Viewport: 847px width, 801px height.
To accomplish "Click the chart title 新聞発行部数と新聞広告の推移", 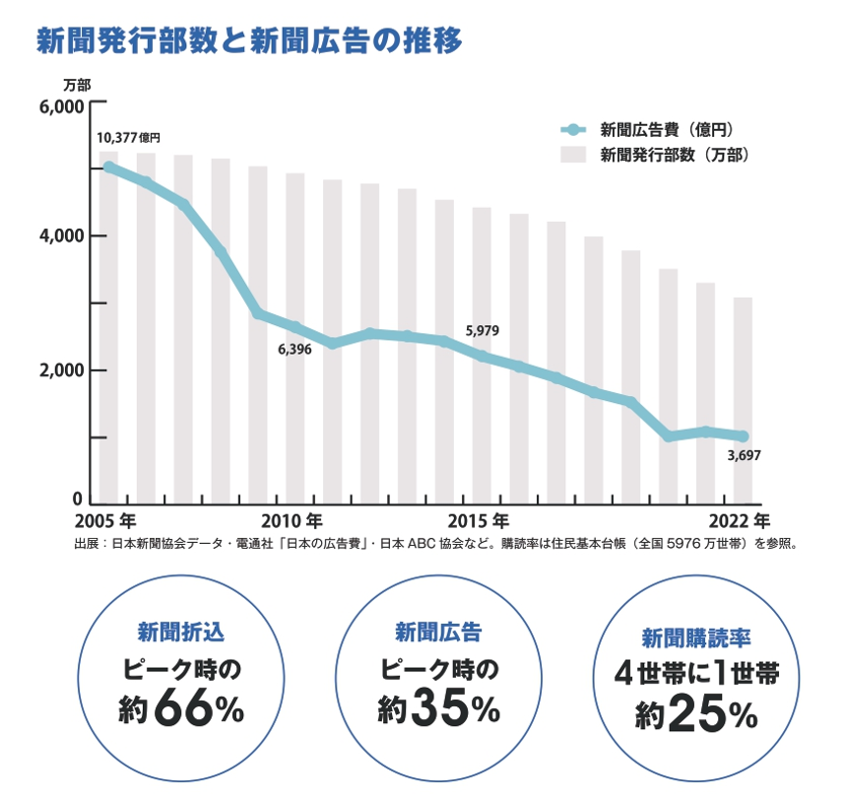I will tap(249, 41).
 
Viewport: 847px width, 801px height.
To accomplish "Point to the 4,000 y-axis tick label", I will tap(62, 236).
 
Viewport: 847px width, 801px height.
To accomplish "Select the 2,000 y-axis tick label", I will tap(62, 370).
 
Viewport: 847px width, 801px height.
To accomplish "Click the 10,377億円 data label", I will tap(128, 138).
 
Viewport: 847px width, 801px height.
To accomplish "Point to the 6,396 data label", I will tap(294, 350).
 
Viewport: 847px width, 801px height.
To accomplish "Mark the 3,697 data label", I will tap(743, 455).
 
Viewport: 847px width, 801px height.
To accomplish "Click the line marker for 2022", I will tap(742, 436).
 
